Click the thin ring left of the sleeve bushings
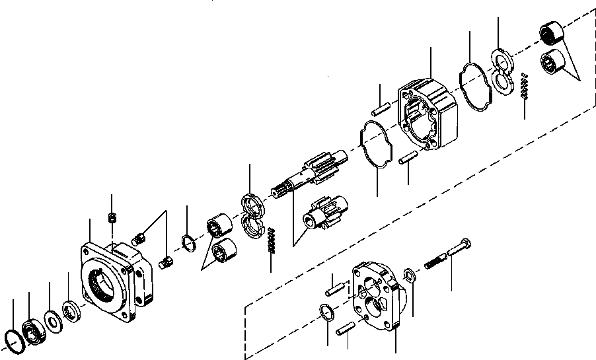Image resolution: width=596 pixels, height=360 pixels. [x=188, y=243]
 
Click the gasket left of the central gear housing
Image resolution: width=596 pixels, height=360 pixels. [x=374, y=144]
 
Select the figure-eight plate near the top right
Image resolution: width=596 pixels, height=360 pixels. [x=505, y=72]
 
